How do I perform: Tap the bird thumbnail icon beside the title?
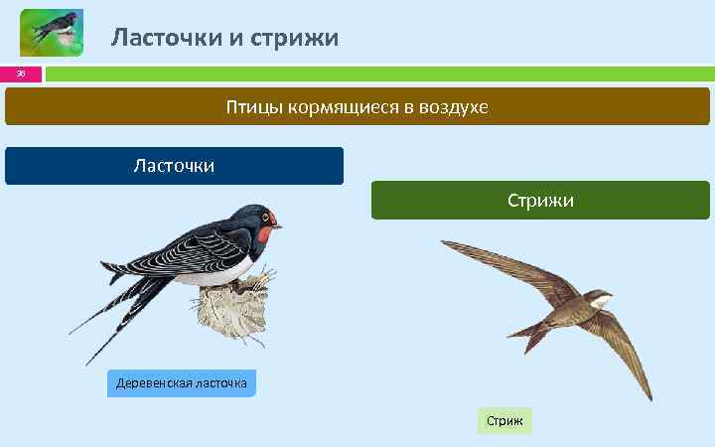pos(52,32)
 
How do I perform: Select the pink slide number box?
pos(21,74)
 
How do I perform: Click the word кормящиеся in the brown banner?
pos(343,106)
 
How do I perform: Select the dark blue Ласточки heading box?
pos(174,166)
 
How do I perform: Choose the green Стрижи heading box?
pos(540,200)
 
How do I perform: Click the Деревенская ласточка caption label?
pos(181,383)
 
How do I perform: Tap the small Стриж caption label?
pos(504,421)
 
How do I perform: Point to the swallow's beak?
pos(279,226)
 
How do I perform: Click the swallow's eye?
pos(265,219)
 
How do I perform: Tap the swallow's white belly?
pos(218,273)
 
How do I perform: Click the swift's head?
pos(602,295)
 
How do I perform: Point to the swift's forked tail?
pos(537,338)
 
